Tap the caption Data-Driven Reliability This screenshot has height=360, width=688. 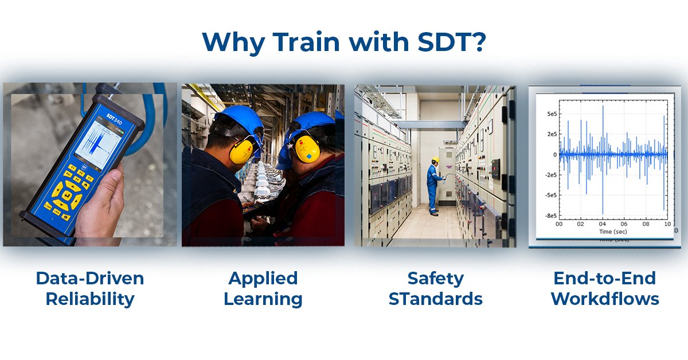[x=89, y=288]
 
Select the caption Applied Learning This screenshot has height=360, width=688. [x=263, y=288]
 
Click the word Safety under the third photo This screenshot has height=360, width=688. [x=435, y=279]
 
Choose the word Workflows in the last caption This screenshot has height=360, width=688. [x=605, y=299]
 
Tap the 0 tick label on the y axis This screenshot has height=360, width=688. [x=554, y=155]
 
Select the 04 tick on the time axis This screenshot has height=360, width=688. [x=602, y=224]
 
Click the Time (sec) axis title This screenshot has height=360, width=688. [x=613, y=232]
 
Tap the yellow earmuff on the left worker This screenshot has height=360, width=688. [x=240, y=150]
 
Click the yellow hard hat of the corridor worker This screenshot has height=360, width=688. [x=435, y=160]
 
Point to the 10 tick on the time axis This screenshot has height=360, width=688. [x=667, y=224]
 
